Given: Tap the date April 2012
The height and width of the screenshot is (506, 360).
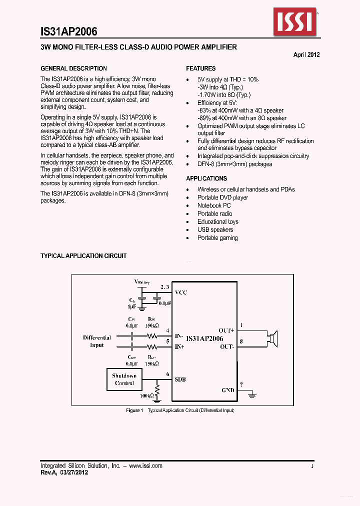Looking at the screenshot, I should [306, 55].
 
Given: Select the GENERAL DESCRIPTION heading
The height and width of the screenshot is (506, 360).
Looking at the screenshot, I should [73, 68].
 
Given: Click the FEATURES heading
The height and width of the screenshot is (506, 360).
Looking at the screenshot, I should [201, 68].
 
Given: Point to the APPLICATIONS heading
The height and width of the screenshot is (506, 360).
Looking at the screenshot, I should [206, 178].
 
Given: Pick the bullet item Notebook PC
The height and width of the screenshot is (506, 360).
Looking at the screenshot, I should [214, 205].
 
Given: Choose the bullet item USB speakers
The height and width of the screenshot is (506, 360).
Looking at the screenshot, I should [215, 229].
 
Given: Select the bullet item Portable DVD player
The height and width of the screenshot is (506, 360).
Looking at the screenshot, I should [222, 197].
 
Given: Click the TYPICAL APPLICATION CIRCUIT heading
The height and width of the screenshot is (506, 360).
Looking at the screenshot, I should [83, 256].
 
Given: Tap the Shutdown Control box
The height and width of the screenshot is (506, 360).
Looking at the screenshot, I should [124, 379].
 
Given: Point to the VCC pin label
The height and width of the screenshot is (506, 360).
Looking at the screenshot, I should [180, 292].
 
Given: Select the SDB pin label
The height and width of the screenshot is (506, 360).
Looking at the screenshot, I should [180, 379].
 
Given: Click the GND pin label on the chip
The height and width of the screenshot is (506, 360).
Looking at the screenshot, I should [227, 390].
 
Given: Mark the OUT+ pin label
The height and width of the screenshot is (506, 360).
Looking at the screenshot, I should [226, 330].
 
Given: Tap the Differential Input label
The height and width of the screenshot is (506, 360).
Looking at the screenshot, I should [97, 341].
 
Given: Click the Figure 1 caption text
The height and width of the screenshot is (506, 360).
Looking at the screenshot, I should [180, 410].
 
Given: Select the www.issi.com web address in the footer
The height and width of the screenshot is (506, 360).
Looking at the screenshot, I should [145, 465].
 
